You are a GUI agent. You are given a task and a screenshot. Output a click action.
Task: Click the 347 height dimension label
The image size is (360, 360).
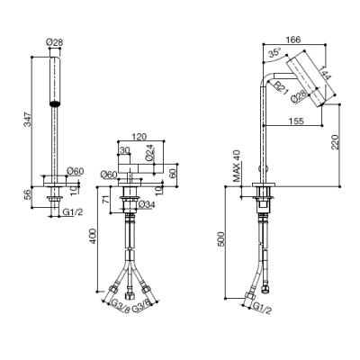point(27,120)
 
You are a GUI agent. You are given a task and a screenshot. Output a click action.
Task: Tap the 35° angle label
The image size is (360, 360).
point(274,52)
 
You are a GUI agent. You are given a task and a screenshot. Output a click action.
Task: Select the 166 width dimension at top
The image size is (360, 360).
point(293,40)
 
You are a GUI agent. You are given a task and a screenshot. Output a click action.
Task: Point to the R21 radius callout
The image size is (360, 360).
point(280,88)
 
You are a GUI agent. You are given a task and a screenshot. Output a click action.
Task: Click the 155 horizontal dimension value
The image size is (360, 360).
point(296,121)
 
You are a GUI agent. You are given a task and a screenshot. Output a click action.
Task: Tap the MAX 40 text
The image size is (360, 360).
point(237,166)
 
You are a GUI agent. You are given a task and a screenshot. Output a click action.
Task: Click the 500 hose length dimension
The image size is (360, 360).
point(220,238)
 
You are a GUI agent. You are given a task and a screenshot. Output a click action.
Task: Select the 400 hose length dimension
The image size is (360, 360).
point(93,236)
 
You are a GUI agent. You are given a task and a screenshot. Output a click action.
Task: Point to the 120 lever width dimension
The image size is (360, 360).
point(139,137)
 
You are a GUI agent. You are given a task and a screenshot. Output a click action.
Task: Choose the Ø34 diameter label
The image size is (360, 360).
point(148,204)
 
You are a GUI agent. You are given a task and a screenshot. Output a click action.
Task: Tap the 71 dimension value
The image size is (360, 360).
point(106,199)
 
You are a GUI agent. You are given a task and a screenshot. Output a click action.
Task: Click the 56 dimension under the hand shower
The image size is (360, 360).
point(27,195)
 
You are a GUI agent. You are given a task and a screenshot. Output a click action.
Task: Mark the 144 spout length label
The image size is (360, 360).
point(324,73)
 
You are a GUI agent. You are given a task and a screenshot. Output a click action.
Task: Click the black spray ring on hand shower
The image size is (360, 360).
point(55,103)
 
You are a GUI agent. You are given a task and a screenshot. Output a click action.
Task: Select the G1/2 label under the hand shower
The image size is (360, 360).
point(72,211)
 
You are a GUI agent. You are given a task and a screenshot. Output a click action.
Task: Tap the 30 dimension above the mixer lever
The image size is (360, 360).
point(124,149)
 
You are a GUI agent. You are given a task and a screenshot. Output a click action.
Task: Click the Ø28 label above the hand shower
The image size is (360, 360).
point(55,42)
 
